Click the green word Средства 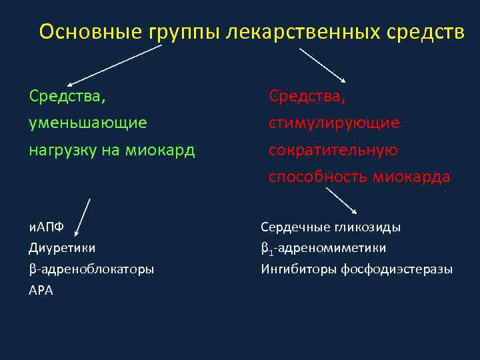(x=67, y=96)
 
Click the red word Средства (x=307, y=96)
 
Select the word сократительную (x=333, y=150)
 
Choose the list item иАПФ (x=46, y=227)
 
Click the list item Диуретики (x=62, y=248)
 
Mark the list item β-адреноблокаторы (x=91, y=269)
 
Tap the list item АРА (x=41, y=291)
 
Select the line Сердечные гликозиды (x=331, y=227)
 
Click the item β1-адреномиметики (x=323, y=249)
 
